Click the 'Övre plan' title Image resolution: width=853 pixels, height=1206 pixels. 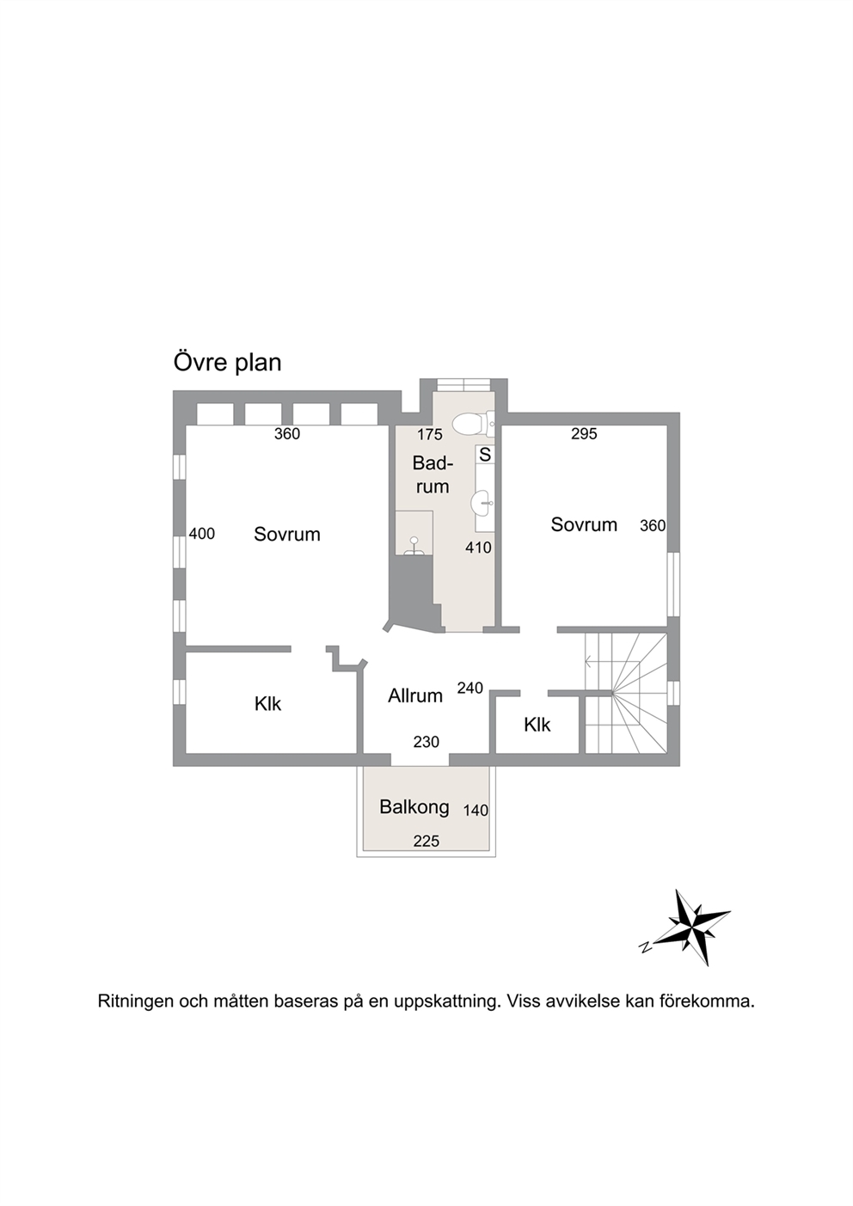point(227,363)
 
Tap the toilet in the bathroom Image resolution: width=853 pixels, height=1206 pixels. point(473,424)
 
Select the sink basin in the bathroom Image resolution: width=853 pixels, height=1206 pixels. point(482,504)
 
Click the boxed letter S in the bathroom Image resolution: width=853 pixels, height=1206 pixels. point(485,455)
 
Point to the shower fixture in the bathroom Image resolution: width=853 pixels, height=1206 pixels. point(414,545)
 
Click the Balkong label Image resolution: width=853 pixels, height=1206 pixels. point(414,806)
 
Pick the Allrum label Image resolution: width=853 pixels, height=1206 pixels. point(415,695)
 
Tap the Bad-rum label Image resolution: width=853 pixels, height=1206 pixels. point(433,474)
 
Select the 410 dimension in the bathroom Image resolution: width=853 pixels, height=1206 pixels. point(478,548)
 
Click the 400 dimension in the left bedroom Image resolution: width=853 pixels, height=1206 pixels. point(202,534)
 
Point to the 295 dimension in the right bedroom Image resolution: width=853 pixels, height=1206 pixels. point(584,433)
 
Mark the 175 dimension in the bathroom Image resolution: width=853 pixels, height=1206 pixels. point(429,434)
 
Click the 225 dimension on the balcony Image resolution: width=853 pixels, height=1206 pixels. point(426,841)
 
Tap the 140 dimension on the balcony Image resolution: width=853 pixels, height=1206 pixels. point(476,810)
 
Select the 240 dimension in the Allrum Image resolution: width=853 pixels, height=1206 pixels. point(470,688)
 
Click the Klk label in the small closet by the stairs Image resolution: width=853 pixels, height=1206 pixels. point(537,725)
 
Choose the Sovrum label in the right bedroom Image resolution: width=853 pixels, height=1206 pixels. point(584,524)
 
